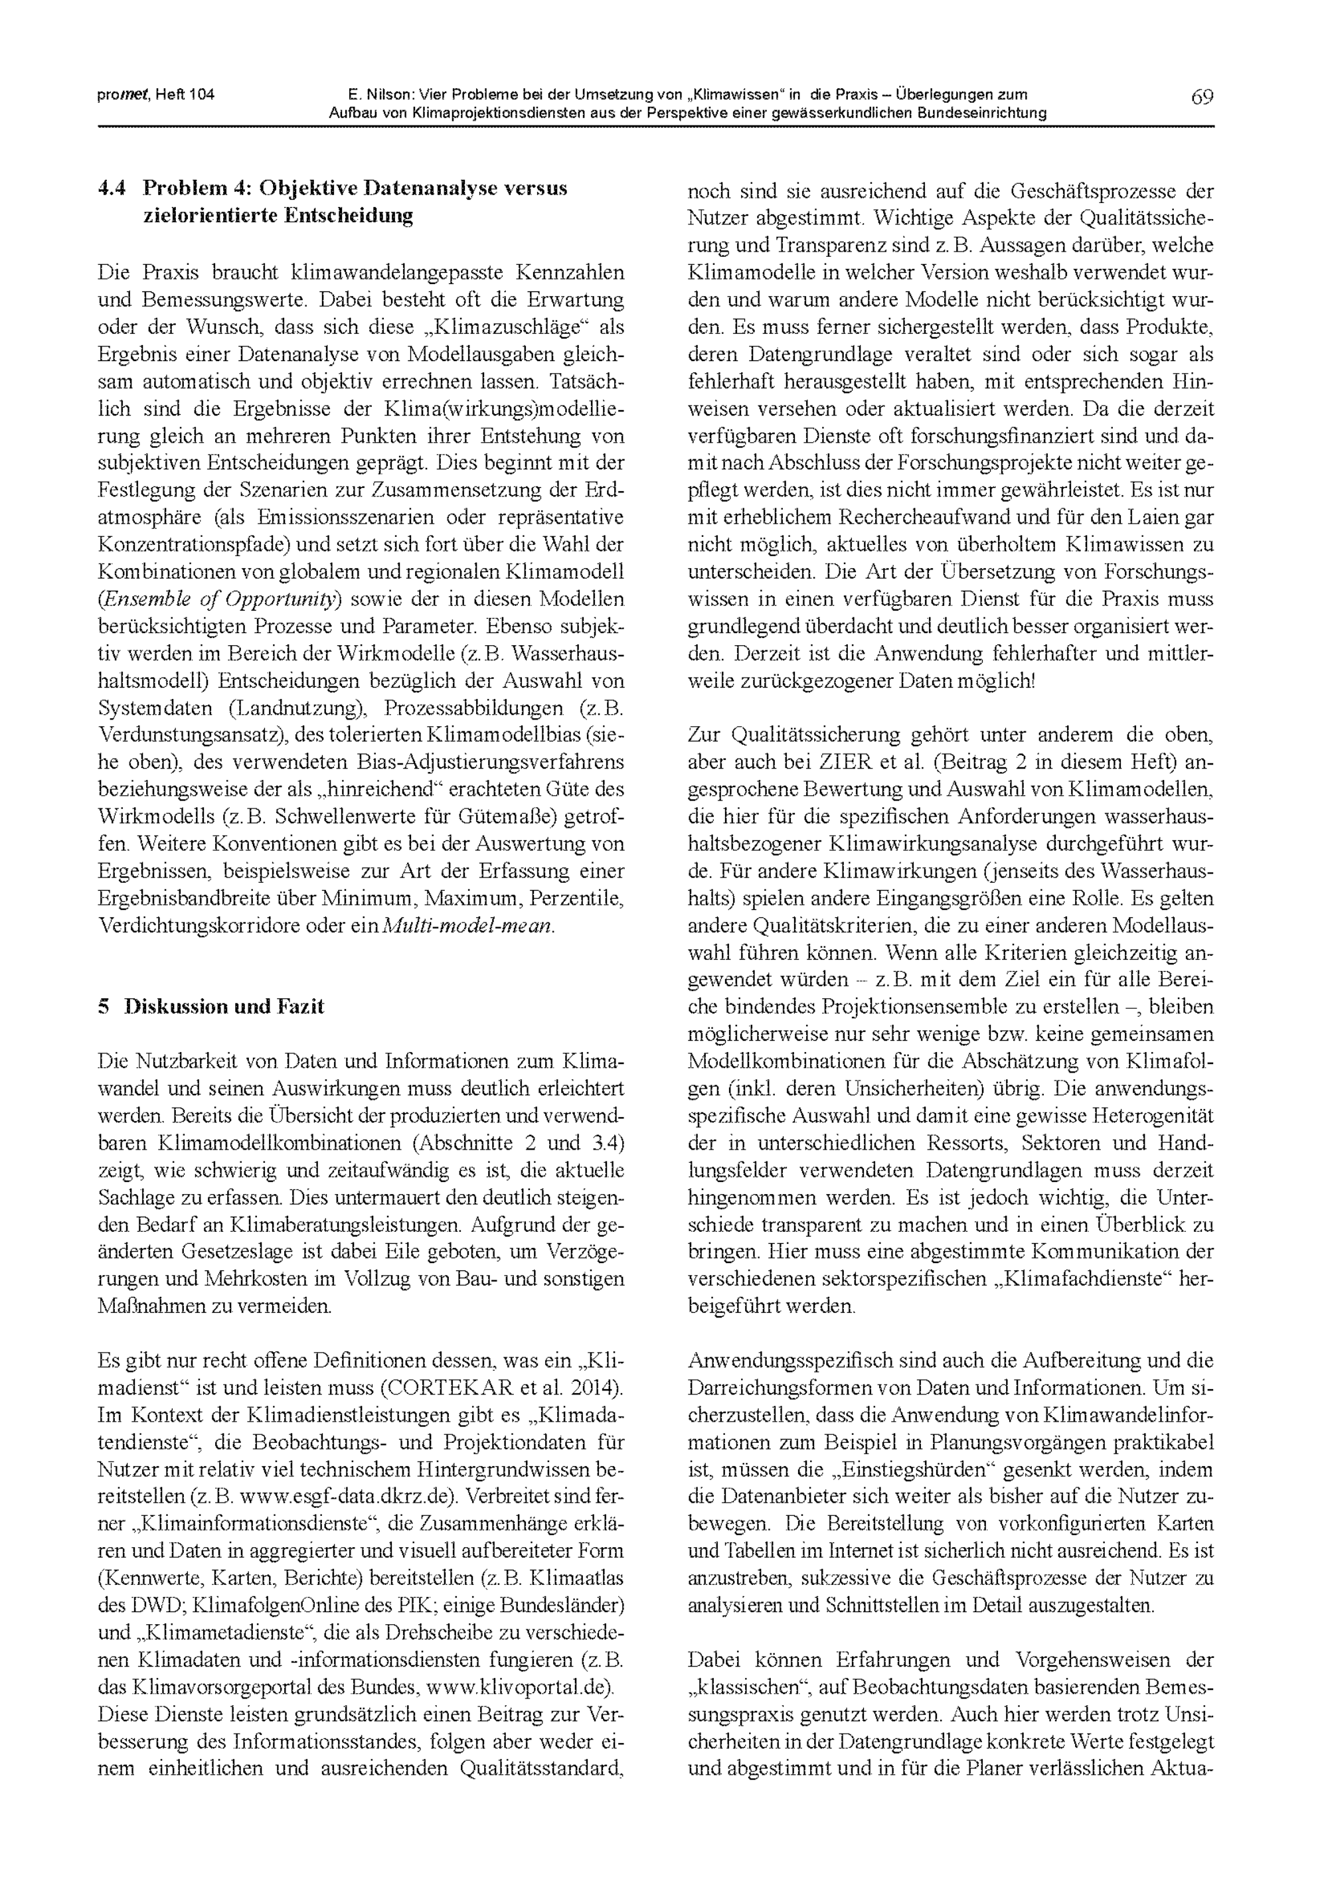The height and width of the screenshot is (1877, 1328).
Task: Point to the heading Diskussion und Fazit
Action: pyautogui.click(x=223, y=1006)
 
